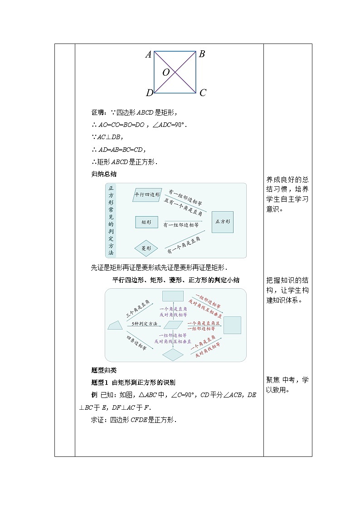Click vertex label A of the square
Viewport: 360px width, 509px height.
tap(148, 55)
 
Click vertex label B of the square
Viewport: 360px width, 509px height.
tap(202, 54)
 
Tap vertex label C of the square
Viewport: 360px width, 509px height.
tap(203, 93)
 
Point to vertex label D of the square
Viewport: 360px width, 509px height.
tap(149, 93)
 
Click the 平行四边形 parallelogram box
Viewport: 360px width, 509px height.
tap(147, 195)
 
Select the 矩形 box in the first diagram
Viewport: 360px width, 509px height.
tap(146, 222)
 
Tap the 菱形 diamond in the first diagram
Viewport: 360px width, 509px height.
tap(146, 248)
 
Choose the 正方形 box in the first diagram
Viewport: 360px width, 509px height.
tap(223, 222)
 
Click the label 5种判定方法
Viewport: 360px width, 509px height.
tap(145, 324)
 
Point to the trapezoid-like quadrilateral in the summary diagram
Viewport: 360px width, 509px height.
tap(115, 325)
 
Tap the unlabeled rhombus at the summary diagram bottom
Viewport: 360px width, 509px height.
tap(173, 354)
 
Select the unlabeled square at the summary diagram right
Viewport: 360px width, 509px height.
tap(233, 325)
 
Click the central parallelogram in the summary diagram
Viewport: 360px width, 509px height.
tap(172, 325)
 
